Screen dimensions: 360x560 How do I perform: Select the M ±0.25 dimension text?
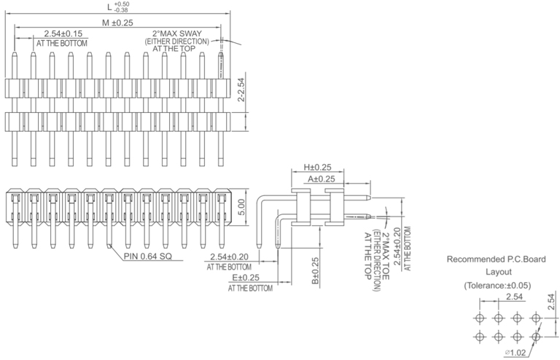coord(117,23)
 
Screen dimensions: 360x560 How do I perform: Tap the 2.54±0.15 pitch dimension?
coord(63,34)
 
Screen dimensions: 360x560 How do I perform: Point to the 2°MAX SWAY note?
coord(176,34)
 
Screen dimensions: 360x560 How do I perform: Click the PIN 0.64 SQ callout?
coord(147,256)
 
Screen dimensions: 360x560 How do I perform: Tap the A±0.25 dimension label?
coord(322,179)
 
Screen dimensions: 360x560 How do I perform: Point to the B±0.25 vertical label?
coord(316,270)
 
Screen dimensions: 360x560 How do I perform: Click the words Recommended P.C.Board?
coord(495,259)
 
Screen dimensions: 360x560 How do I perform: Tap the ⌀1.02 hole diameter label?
coord(517,353)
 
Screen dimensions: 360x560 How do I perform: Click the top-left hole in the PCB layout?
coord(479,318)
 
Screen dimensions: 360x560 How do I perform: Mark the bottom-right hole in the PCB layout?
coord(535,337)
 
